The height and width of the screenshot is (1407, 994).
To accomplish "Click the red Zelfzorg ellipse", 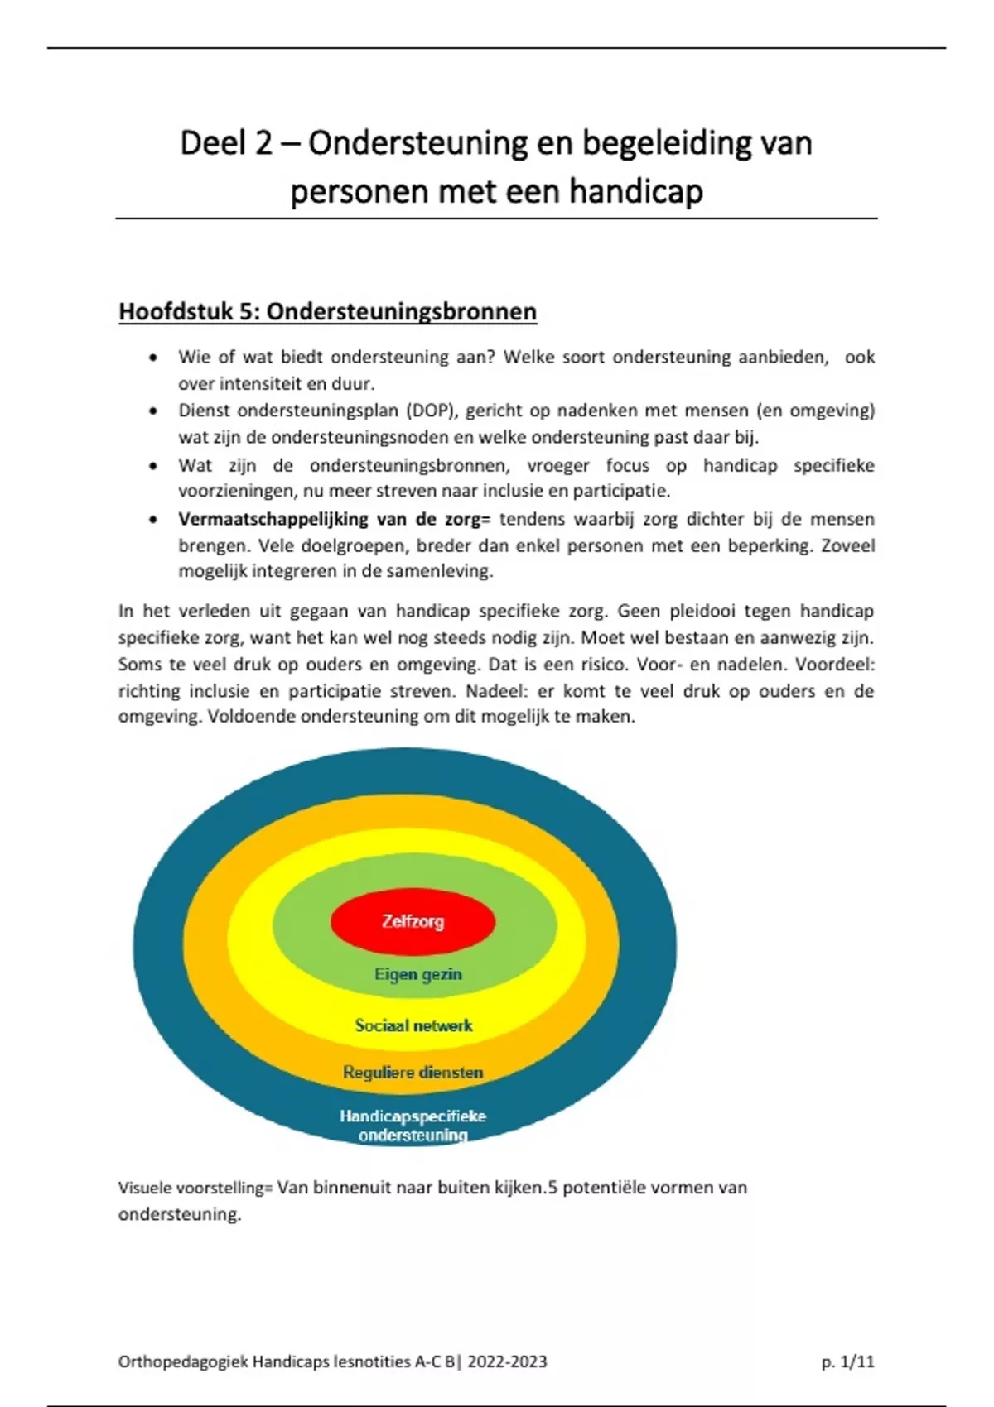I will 413,920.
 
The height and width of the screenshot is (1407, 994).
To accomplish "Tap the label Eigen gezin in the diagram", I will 417,974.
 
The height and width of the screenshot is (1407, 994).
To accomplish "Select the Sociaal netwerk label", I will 413,1025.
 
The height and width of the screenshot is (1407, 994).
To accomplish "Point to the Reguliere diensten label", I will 413,1073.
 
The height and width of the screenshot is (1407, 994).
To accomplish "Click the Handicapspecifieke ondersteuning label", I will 413,1126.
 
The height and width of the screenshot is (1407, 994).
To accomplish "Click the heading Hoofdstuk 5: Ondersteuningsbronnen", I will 327,311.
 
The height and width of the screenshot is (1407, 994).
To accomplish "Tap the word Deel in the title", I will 212,143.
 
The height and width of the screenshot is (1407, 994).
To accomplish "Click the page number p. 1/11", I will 847,1361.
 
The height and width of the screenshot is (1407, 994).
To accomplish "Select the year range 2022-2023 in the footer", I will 507,1361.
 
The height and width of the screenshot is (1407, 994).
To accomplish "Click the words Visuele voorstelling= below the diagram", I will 195,1188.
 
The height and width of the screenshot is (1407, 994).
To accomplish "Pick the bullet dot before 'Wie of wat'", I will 152,358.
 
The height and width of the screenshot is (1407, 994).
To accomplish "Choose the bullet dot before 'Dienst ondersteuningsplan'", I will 152,411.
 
